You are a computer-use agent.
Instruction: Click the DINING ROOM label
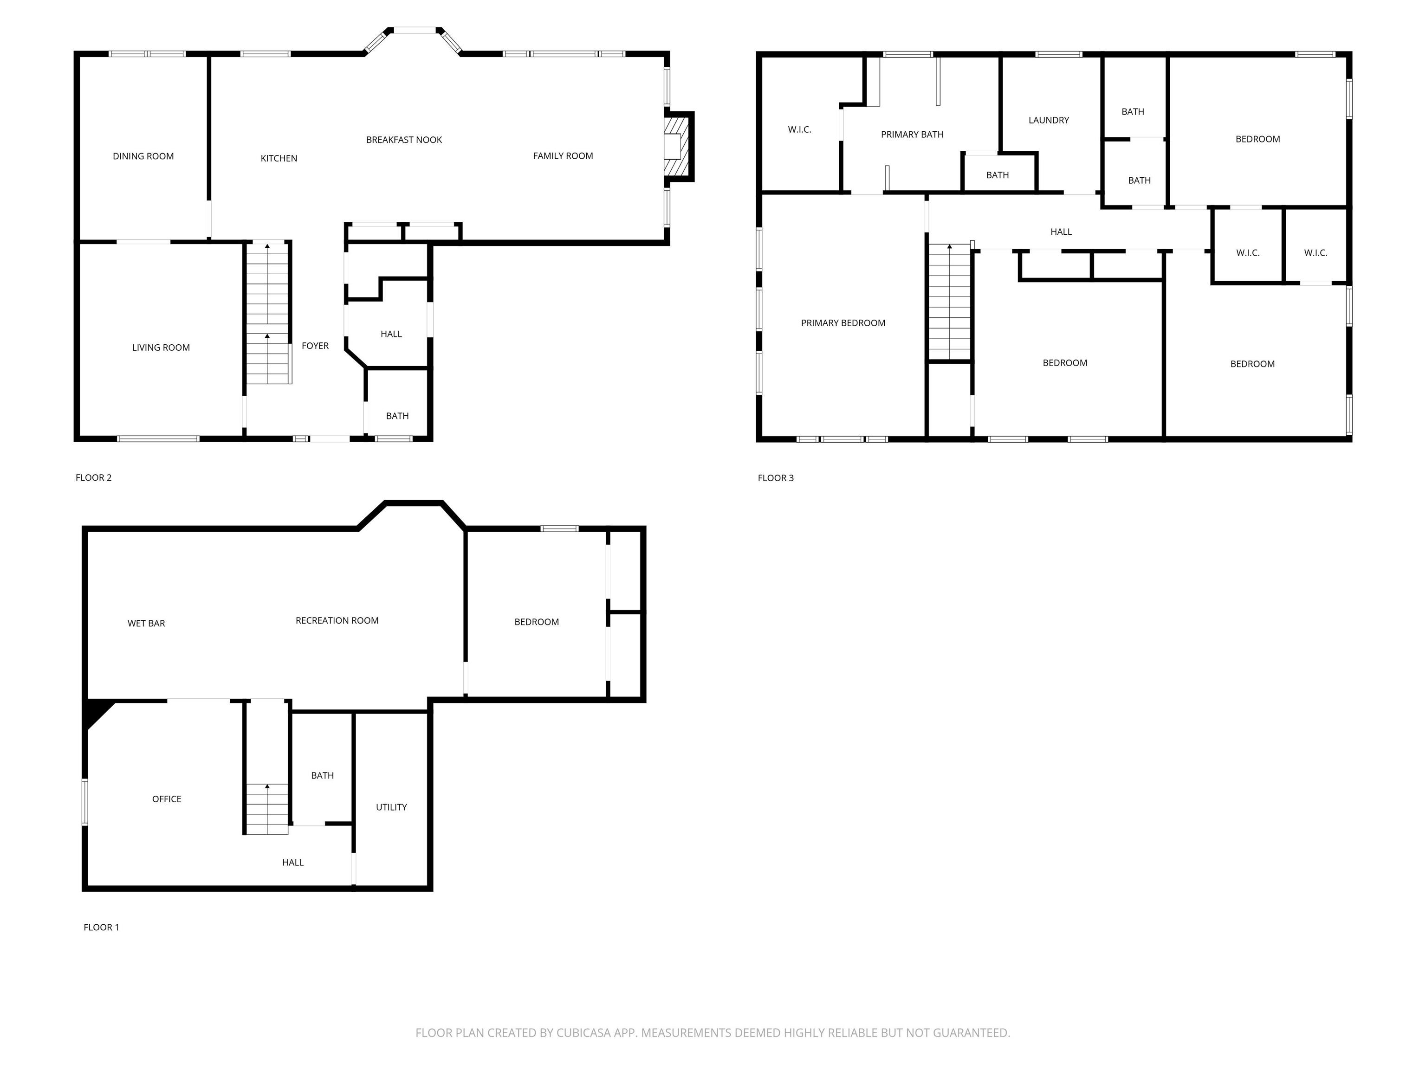143,156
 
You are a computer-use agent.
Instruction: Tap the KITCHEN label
279,158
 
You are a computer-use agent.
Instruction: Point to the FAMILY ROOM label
563,156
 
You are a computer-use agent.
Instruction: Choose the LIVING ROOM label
161,348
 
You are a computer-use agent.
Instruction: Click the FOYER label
315,346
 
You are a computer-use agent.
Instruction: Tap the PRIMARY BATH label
912,135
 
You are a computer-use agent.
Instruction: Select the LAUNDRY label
1049,120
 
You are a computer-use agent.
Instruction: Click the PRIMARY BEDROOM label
843,323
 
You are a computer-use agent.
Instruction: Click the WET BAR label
146,623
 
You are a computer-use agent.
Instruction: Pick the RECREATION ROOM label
337,620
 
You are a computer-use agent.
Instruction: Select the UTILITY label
391,807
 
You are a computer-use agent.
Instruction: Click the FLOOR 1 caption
101,927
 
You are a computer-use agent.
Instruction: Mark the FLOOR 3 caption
776,477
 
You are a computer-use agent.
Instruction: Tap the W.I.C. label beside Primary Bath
799,129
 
